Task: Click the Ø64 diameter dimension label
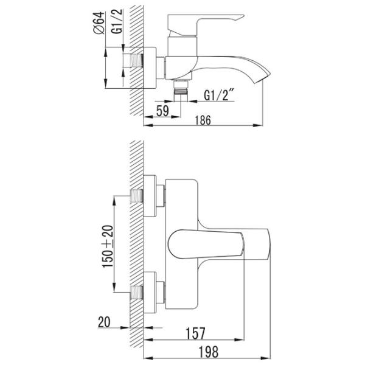99,23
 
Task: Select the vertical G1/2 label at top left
117,21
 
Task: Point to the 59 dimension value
162,111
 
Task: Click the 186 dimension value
203,120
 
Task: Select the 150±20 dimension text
108,247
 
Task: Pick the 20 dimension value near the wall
104,322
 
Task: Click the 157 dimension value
195,333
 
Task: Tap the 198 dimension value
208,352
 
